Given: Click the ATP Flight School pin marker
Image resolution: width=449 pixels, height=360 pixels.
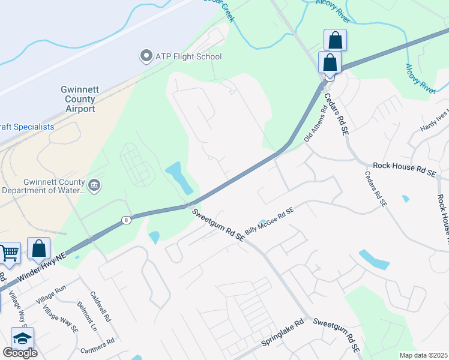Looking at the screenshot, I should (x=146, y=56).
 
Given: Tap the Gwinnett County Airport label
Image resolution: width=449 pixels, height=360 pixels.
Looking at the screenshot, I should (x=78, y=99).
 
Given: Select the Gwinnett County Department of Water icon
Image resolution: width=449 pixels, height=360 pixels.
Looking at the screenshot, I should (x=94, y=185).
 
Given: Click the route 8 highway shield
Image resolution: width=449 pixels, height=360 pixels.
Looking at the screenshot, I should (x=125, y=220).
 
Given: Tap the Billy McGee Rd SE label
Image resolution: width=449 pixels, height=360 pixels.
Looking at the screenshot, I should (x=269, y=221).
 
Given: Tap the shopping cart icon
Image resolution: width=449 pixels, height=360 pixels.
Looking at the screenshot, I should (x=10, y=254).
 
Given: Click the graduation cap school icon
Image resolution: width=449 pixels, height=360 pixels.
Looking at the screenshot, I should (x=22, y=338).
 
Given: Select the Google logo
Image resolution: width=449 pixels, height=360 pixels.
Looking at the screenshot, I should (x=20, y=353).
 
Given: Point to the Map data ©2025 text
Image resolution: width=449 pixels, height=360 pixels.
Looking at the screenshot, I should (x=423, y=355).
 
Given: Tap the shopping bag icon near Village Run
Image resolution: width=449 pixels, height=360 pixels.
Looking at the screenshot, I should (x=38, y=249).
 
